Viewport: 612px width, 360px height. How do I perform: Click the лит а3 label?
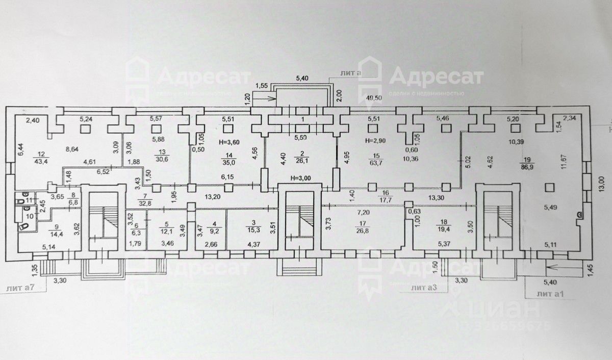[x=424, y=288]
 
